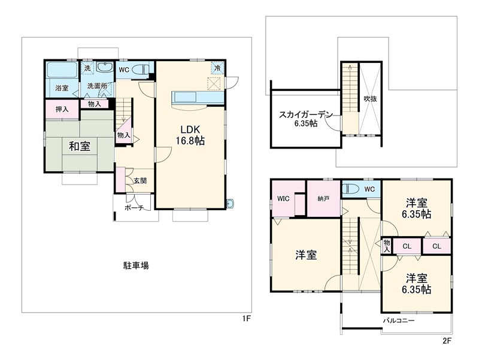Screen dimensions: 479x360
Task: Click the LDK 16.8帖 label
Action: click(190, 135)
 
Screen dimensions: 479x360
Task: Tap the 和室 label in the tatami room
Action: click(80, 146)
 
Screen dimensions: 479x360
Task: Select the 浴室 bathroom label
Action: click(62, 88)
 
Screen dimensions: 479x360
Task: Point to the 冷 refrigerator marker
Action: click(218, 68)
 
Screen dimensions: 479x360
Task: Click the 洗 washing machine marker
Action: click(87, 68)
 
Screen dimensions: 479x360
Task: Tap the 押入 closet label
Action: click(62, 109)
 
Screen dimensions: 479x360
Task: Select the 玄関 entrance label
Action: click(140, 181)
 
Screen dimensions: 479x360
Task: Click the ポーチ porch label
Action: click(134, 208)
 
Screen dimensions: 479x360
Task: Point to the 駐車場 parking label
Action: click(136, 265)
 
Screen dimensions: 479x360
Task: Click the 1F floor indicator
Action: click(247, 319)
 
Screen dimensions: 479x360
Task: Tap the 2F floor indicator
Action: click(447, 340)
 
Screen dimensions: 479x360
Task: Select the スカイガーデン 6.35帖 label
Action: click(305, 119)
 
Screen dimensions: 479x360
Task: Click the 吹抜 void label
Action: click(370, 99)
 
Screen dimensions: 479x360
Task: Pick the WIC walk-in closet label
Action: click(283, 198)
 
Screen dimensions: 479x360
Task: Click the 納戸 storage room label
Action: click(323, 199)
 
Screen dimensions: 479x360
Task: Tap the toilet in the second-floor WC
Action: click(350, 189)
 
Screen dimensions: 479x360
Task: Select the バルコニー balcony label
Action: click(399, 320)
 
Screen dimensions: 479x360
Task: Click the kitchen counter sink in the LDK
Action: click(184, 98)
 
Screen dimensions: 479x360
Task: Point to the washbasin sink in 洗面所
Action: click(105, 67)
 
